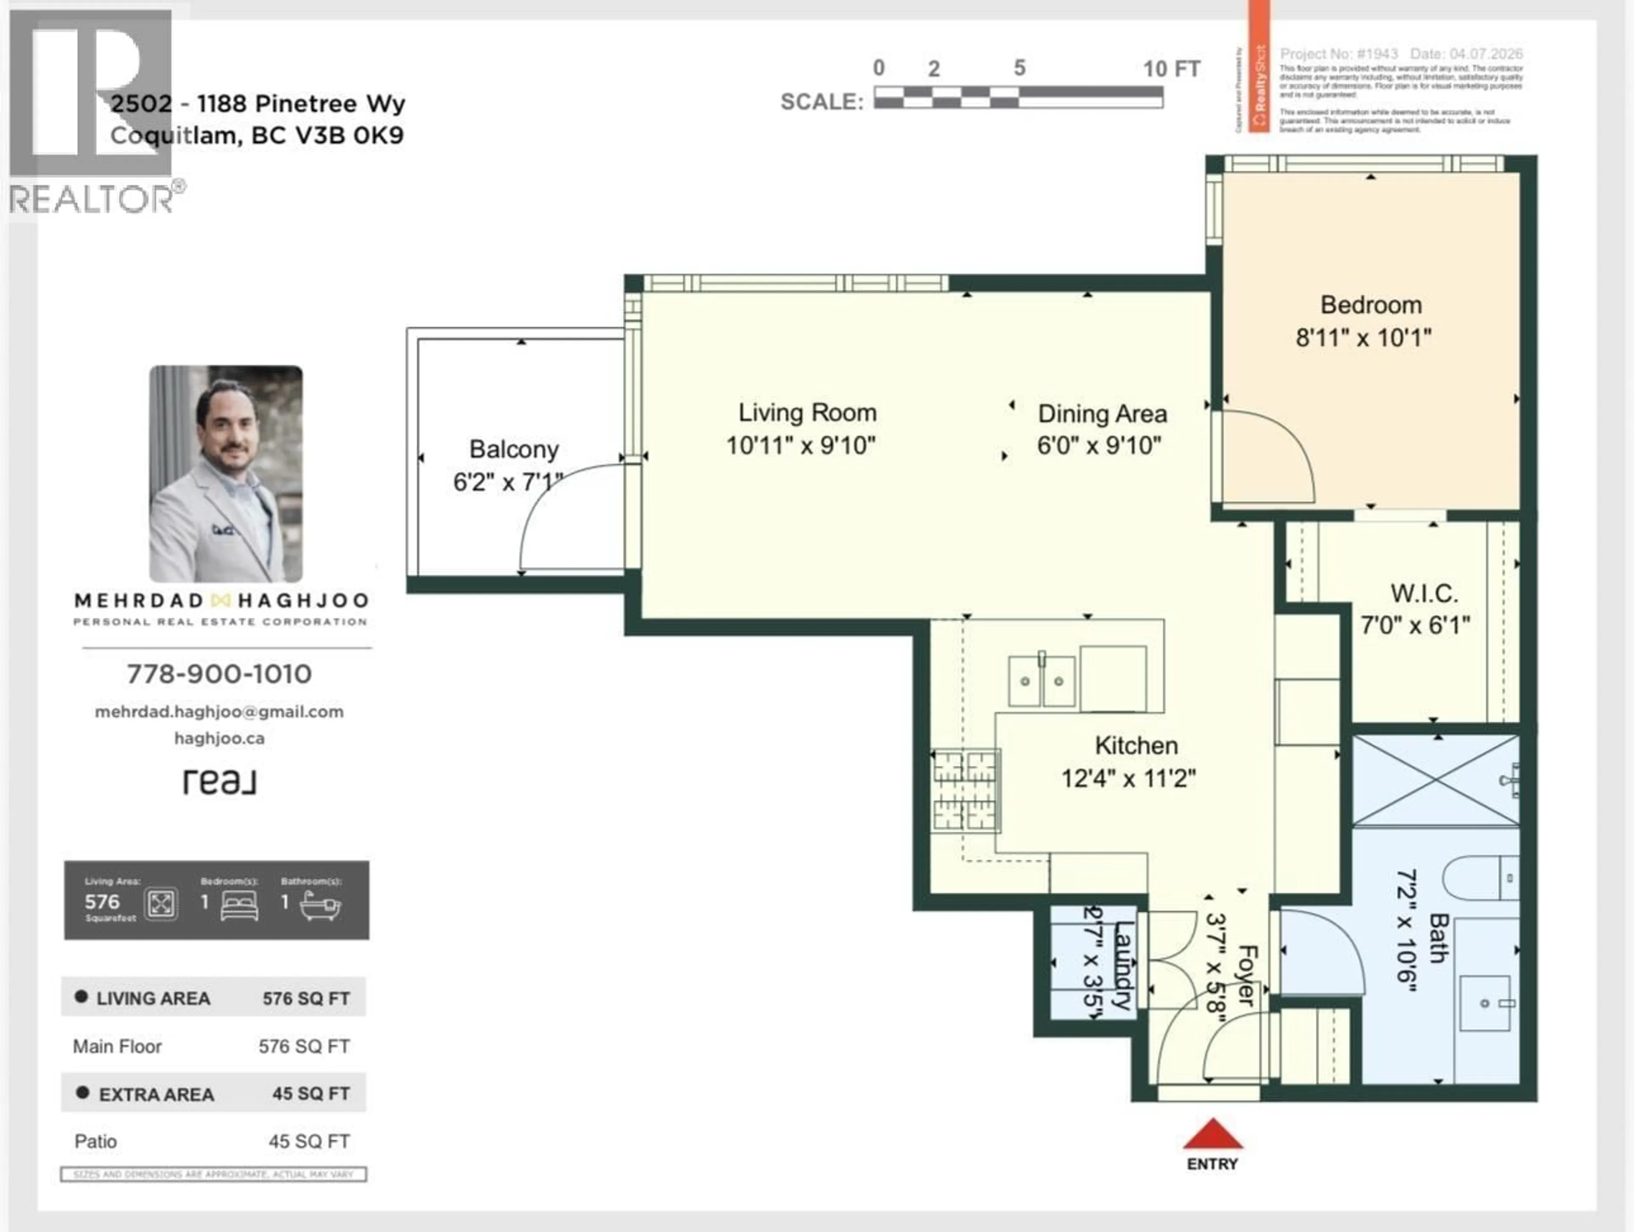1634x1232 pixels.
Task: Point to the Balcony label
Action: (x=514, y=449)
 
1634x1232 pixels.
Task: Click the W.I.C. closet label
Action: (x=1423, y=594)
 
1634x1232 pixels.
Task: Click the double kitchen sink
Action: (x=1042, y=680)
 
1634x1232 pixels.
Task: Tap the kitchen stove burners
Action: (x=965, y=790)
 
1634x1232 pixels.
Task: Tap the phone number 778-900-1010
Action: (x=220, y=673)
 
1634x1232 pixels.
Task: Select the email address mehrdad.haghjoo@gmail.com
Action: (x=220, y=712)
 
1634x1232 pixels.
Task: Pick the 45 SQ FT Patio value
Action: (x=309, y=1141)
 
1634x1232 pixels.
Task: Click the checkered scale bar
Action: (x=1018, y=97)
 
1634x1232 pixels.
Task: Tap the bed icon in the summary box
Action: (x=239, y=905)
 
